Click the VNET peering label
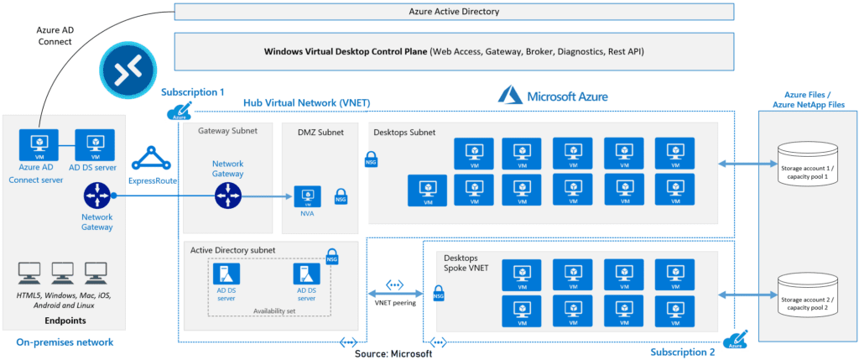(x=393, y=302)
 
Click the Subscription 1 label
(x=192, y=91)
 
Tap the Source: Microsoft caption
(x=393, y=353)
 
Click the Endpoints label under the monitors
(x=64, y=320)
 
